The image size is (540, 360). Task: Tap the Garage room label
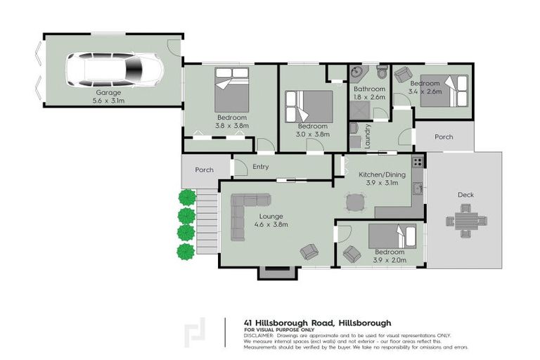[108, 92]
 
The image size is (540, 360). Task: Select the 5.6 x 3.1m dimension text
[108, 101]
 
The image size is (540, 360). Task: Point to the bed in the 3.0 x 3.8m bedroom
[308, 106]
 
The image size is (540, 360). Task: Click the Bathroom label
[369, 89]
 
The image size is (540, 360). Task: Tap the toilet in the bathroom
[382, 72]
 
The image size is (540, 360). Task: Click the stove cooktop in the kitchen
[417, 162]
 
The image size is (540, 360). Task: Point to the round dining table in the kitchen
[354, 202]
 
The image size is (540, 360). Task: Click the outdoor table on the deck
[466, 219]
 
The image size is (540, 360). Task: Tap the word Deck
[465, 195]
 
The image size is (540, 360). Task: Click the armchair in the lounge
[309, 250]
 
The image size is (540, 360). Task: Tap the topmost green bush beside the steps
[186, 198]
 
